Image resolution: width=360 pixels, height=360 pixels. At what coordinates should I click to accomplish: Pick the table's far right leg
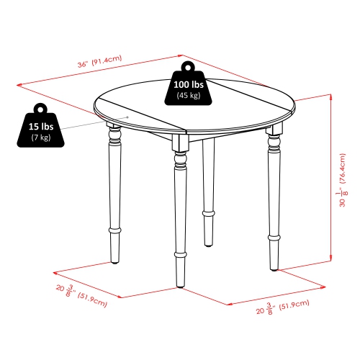click(x=274, y=194)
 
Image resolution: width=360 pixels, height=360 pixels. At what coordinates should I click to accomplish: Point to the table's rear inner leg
click(x=208, y=180)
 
